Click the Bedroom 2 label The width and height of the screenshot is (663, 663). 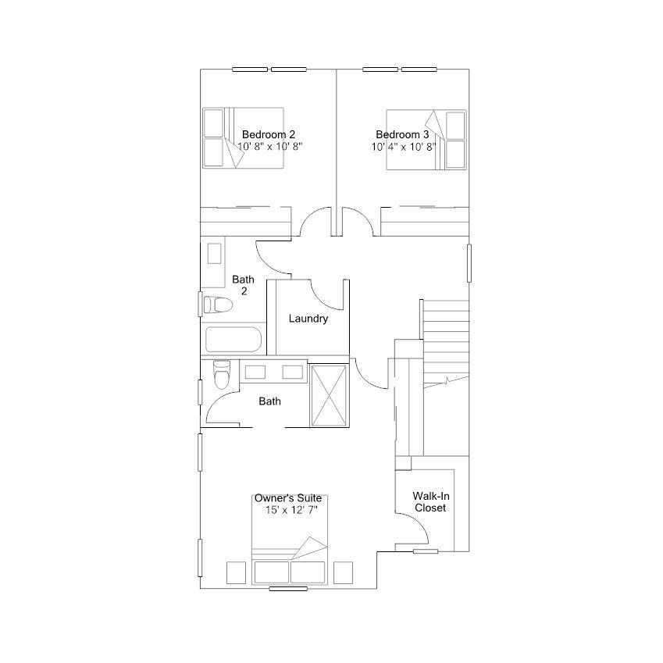click(269, 134)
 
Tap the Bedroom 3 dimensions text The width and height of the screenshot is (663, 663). click(404, 147)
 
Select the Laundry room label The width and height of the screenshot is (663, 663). click(308, 319)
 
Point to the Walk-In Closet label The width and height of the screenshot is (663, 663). click(430, 502)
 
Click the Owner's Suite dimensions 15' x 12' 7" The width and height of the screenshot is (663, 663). click(291, 510)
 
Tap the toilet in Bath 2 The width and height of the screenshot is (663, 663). click(218, 305)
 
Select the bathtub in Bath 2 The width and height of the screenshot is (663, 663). click(233, 339)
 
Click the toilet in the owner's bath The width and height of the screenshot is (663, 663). click(222, 374)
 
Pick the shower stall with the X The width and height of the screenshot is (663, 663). click(329, 395)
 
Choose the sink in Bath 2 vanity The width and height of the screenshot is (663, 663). click(215, 253)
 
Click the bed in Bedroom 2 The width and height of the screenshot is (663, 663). click(243, 138)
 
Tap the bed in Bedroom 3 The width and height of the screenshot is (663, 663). click(426, 140)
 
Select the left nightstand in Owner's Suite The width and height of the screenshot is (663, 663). click(236, 572)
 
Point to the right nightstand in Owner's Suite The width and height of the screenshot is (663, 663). click(343, 572)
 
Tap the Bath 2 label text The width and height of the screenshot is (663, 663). click(243, 285)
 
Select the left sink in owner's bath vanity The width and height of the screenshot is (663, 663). click(255, 372)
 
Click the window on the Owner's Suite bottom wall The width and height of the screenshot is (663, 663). click(288, 589)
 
